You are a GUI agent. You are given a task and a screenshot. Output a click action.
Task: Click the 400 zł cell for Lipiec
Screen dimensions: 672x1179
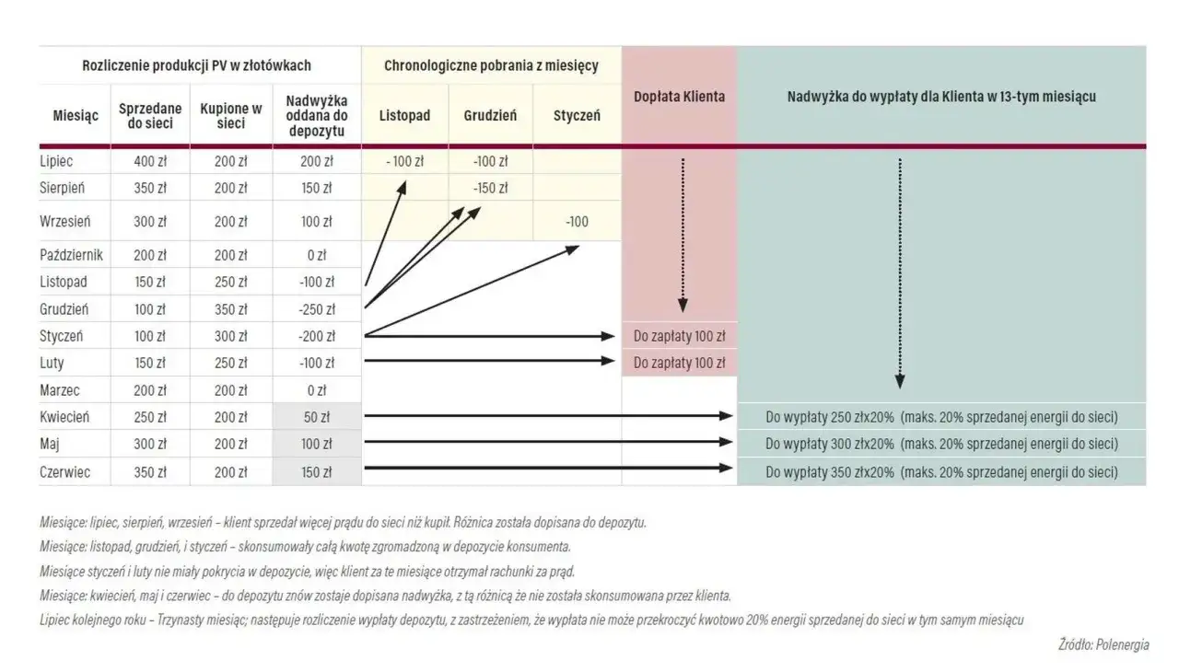(150, 162)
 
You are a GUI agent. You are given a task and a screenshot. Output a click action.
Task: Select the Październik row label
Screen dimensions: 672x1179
(71, 254)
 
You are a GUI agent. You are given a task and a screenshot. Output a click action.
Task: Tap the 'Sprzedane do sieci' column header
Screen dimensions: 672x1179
(150, 116)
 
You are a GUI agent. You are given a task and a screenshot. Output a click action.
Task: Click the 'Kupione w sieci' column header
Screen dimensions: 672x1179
(231, 116)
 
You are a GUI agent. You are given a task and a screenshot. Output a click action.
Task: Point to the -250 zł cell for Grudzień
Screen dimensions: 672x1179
(316, 309)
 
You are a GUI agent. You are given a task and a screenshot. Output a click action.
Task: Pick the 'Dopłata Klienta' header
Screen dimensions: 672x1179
(679, 96)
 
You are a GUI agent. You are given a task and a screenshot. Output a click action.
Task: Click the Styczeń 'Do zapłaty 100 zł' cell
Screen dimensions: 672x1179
(679, 336)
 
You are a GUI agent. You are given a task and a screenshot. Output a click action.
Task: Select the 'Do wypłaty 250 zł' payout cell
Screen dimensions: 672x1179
(941, 417)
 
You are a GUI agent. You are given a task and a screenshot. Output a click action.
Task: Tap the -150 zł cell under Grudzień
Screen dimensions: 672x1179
(490, 188)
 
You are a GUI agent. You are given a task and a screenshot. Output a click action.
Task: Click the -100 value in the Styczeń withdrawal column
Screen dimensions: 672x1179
(577, 222)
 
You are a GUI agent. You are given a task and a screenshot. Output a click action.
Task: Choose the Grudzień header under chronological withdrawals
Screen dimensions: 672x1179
(490, 116)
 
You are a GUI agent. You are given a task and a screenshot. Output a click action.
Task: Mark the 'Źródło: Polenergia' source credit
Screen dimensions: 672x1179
(1103, 645)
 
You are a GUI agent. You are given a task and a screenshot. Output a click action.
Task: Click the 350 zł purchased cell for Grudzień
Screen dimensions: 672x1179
(231, 309)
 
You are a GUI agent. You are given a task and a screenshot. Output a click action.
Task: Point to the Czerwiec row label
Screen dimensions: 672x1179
(64, 472)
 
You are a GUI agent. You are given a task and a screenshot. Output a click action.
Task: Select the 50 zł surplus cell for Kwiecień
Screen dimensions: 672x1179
(316, 417)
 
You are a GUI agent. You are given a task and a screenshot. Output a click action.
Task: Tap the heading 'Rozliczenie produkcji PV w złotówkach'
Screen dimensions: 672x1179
(197, 65)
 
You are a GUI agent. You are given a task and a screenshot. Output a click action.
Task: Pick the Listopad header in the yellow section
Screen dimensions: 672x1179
(404, 116)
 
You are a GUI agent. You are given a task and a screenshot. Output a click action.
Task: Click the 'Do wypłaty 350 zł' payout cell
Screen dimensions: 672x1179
(941, 472)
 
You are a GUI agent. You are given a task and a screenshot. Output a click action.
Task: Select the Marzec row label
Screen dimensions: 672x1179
(60, 390)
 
